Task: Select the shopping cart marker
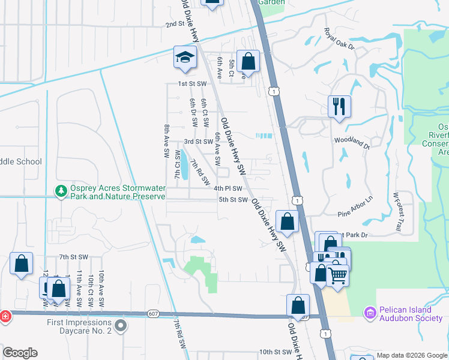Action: pyautogui.click(x=338, y=275)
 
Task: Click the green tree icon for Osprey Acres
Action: pyautogui.click(x=60, y=191)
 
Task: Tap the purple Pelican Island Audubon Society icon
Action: pyautogui.click(x=369, y=313)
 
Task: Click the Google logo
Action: pyautogui.click(x=20, y=353)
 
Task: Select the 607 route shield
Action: pyautogui.click(x=152, y=314)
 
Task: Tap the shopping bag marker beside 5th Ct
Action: pyautogui.click(x=247, y=61)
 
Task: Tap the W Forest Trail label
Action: pyautogui.click(x=397, y=212)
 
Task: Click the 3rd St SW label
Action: pyautogui.click(x=198, y=142)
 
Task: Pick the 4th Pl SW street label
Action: pyautogui.click(x=228, y=188)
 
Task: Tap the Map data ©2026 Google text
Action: pyautogui.click(x=411, y=355)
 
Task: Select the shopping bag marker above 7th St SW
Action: pyautogui.click(x=22, y=264)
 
